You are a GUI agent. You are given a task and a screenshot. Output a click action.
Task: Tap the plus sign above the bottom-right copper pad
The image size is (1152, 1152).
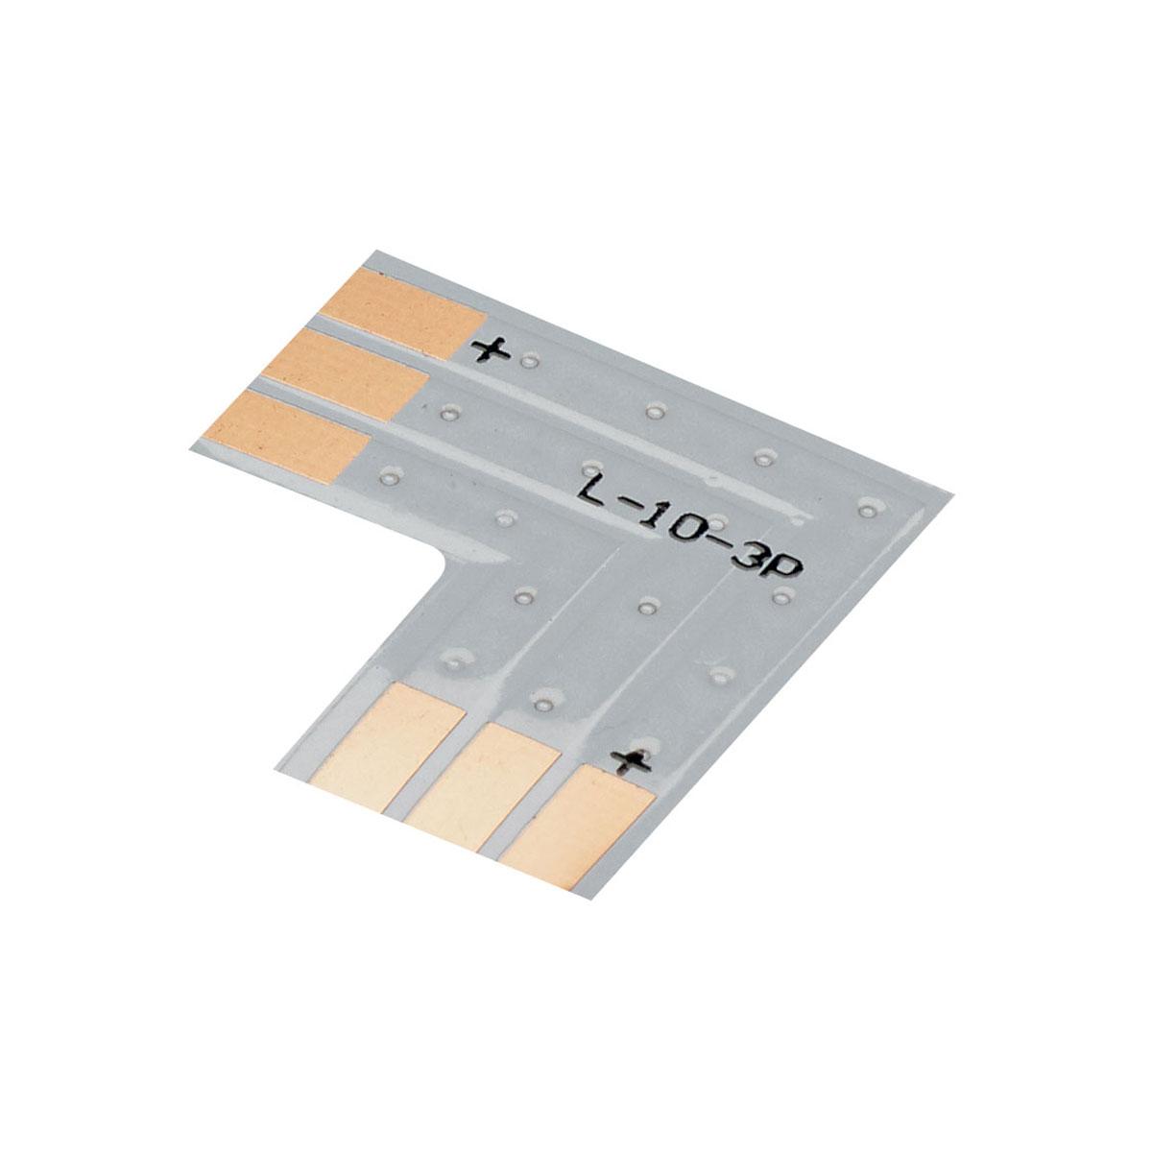click(630, 762)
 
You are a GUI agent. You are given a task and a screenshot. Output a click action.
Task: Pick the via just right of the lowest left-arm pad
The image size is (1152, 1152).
click(388, 475)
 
